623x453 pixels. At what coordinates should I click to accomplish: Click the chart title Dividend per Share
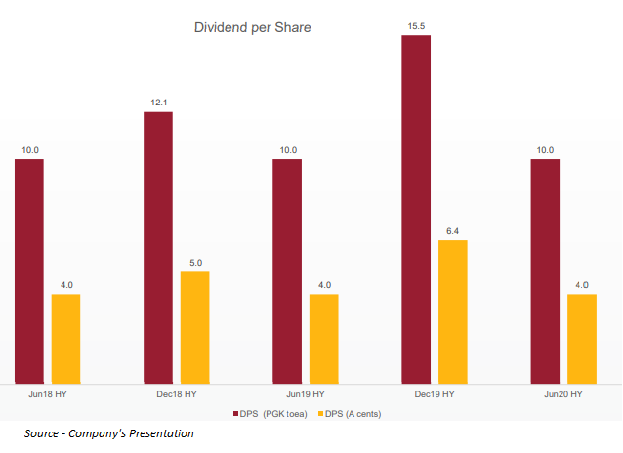(253, 28)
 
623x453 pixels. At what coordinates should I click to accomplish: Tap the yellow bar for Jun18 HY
(65, 338)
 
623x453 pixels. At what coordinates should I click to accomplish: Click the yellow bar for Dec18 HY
(195, 326)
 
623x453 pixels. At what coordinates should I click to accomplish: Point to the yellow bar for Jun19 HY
(324, 338)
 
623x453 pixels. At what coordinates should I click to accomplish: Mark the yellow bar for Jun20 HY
(582, 338)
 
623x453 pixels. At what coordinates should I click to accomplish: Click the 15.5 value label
(416, 26)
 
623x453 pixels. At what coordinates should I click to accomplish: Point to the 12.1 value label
(158, 103)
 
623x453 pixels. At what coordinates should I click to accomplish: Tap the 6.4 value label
(453, 231)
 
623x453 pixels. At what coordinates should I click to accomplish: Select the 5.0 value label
(195, 263)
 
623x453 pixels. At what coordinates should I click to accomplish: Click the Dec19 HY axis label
(435, 394)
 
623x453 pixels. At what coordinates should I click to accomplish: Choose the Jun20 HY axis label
(563, 394)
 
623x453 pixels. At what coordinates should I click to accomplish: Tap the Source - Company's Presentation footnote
(109, 433)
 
